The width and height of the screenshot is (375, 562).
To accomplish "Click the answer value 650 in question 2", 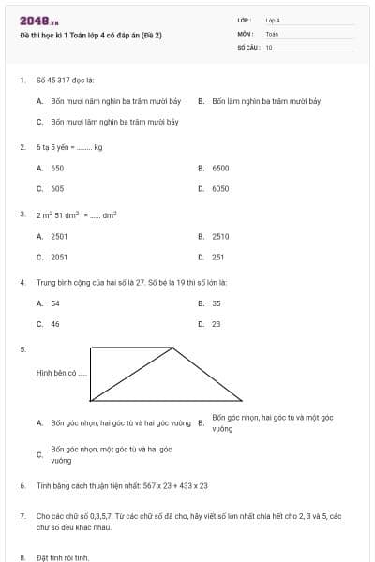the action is [57, 168].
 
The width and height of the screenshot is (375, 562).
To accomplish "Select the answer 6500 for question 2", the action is [220, 168].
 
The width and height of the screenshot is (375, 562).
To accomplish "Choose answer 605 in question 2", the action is [57, 188].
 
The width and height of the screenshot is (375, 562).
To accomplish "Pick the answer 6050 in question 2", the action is [220, 188].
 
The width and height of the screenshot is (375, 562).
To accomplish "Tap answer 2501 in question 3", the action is [59, 236].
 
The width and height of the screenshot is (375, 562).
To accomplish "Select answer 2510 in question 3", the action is [220, 236].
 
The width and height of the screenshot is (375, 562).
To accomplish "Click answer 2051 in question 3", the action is [59, 256].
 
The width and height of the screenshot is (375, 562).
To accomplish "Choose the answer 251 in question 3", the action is [218, 256].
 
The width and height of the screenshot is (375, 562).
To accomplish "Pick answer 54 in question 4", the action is [55, 303].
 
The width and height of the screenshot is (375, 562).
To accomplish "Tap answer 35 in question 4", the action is [217, 303].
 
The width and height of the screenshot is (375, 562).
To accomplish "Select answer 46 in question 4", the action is [55, 324].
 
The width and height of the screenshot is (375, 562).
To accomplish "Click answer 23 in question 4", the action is [217, 324].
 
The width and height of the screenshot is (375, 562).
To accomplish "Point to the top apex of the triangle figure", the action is [173, 348].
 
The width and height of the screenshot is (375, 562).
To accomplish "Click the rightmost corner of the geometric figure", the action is [242, 400].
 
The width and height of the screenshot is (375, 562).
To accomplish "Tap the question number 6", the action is [22, 486].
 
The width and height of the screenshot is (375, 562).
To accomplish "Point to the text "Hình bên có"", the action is [61, 373].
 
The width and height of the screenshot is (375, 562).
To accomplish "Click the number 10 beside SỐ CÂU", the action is [269, 46].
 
